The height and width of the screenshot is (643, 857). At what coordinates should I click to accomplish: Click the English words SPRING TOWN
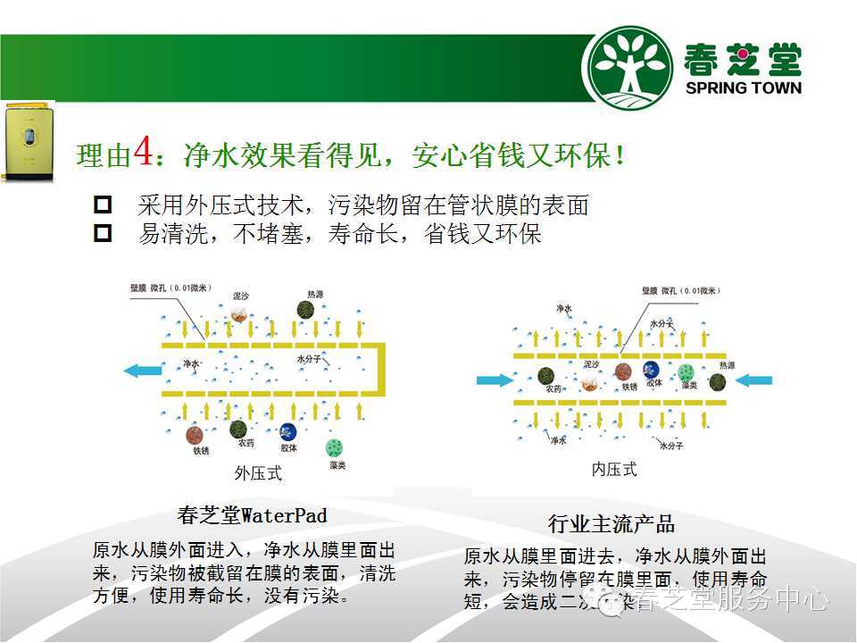(x=743, y=88)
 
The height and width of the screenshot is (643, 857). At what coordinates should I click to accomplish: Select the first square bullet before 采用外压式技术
(x=104, y=205)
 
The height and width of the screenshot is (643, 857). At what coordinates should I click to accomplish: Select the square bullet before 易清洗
(x=104, y=234)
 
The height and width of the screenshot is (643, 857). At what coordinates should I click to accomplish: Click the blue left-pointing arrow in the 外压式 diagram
(x=143, y=369)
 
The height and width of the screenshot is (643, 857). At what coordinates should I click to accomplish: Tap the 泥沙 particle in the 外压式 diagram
(x=239, y=313)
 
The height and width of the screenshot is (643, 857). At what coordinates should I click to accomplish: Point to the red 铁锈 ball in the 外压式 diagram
(x=195, y=435)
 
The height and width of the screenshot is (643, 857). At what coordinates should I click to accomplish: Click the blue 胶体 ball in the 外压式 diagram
(x=287, y=432)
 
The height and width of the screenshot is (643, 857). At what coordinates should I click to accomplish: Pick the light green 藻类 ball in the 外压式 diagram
(x=334, y=446)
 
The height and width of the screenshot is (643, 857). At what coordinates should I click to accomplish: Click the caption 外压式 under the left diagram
(x=258, y=472)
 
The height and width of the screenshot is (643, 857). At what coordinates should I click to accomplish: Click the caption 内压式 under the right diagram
(x=615, y=470)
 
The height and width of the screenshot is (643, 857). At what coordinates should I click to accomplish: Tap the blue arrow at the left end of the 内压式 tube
(x=495, y=380)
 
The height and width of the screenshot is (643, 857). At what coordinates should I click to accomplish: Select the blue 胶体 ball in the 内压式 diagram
(x=653, y=369)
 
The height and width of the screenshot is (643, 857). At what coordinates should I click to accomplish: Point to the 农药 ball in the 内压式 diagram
(x=546, y=376)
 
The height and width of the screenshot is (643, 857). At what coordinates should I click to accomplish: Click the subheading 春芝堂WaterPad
(x=252, y=515)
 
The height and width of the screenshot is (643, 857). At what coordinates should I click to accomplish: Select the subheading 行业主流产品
(x=612, y=523)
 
